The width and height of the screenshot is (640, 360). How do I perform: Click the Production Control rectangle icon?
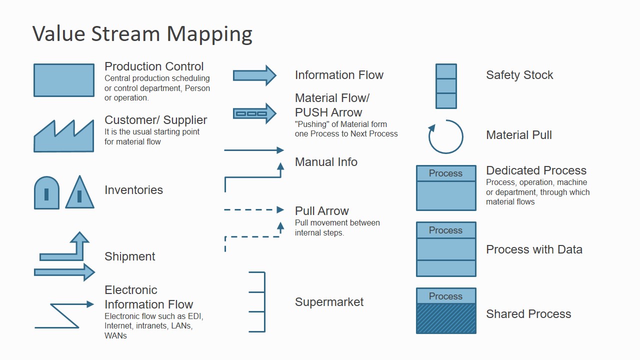63,80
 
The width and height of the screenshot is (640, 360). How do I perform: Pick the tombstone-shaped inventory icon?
46,193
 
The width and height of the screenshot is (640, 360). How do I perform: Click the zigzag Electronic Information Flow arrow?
64,315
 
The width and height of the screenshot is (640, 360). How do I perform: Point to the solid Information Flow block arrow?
254,75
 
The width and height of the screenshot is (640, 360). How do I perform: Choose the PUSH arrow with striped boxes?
254,113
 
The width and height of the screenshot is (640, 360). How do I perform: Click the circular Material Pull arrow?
446,136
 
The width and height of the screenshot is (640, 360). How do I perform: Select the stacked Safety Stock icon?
446,86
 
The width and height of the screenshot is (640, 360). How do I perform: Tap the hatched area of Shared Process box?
446,318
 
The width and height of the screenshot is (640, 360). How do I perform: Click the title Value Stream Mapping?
142,33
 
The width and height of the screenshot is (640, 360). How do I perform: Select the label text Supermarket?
329,302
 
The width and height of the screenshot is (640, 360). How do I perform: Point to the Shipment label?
129,256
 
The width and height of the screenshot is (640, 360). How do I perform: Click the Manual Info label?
326,162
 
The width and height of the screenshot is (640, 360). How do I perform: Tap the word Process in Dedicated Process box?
445,173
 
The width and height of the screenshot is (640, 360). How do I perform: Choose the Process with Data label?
534,249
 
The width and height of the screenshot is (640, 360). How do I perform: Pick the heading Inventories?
133,190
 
